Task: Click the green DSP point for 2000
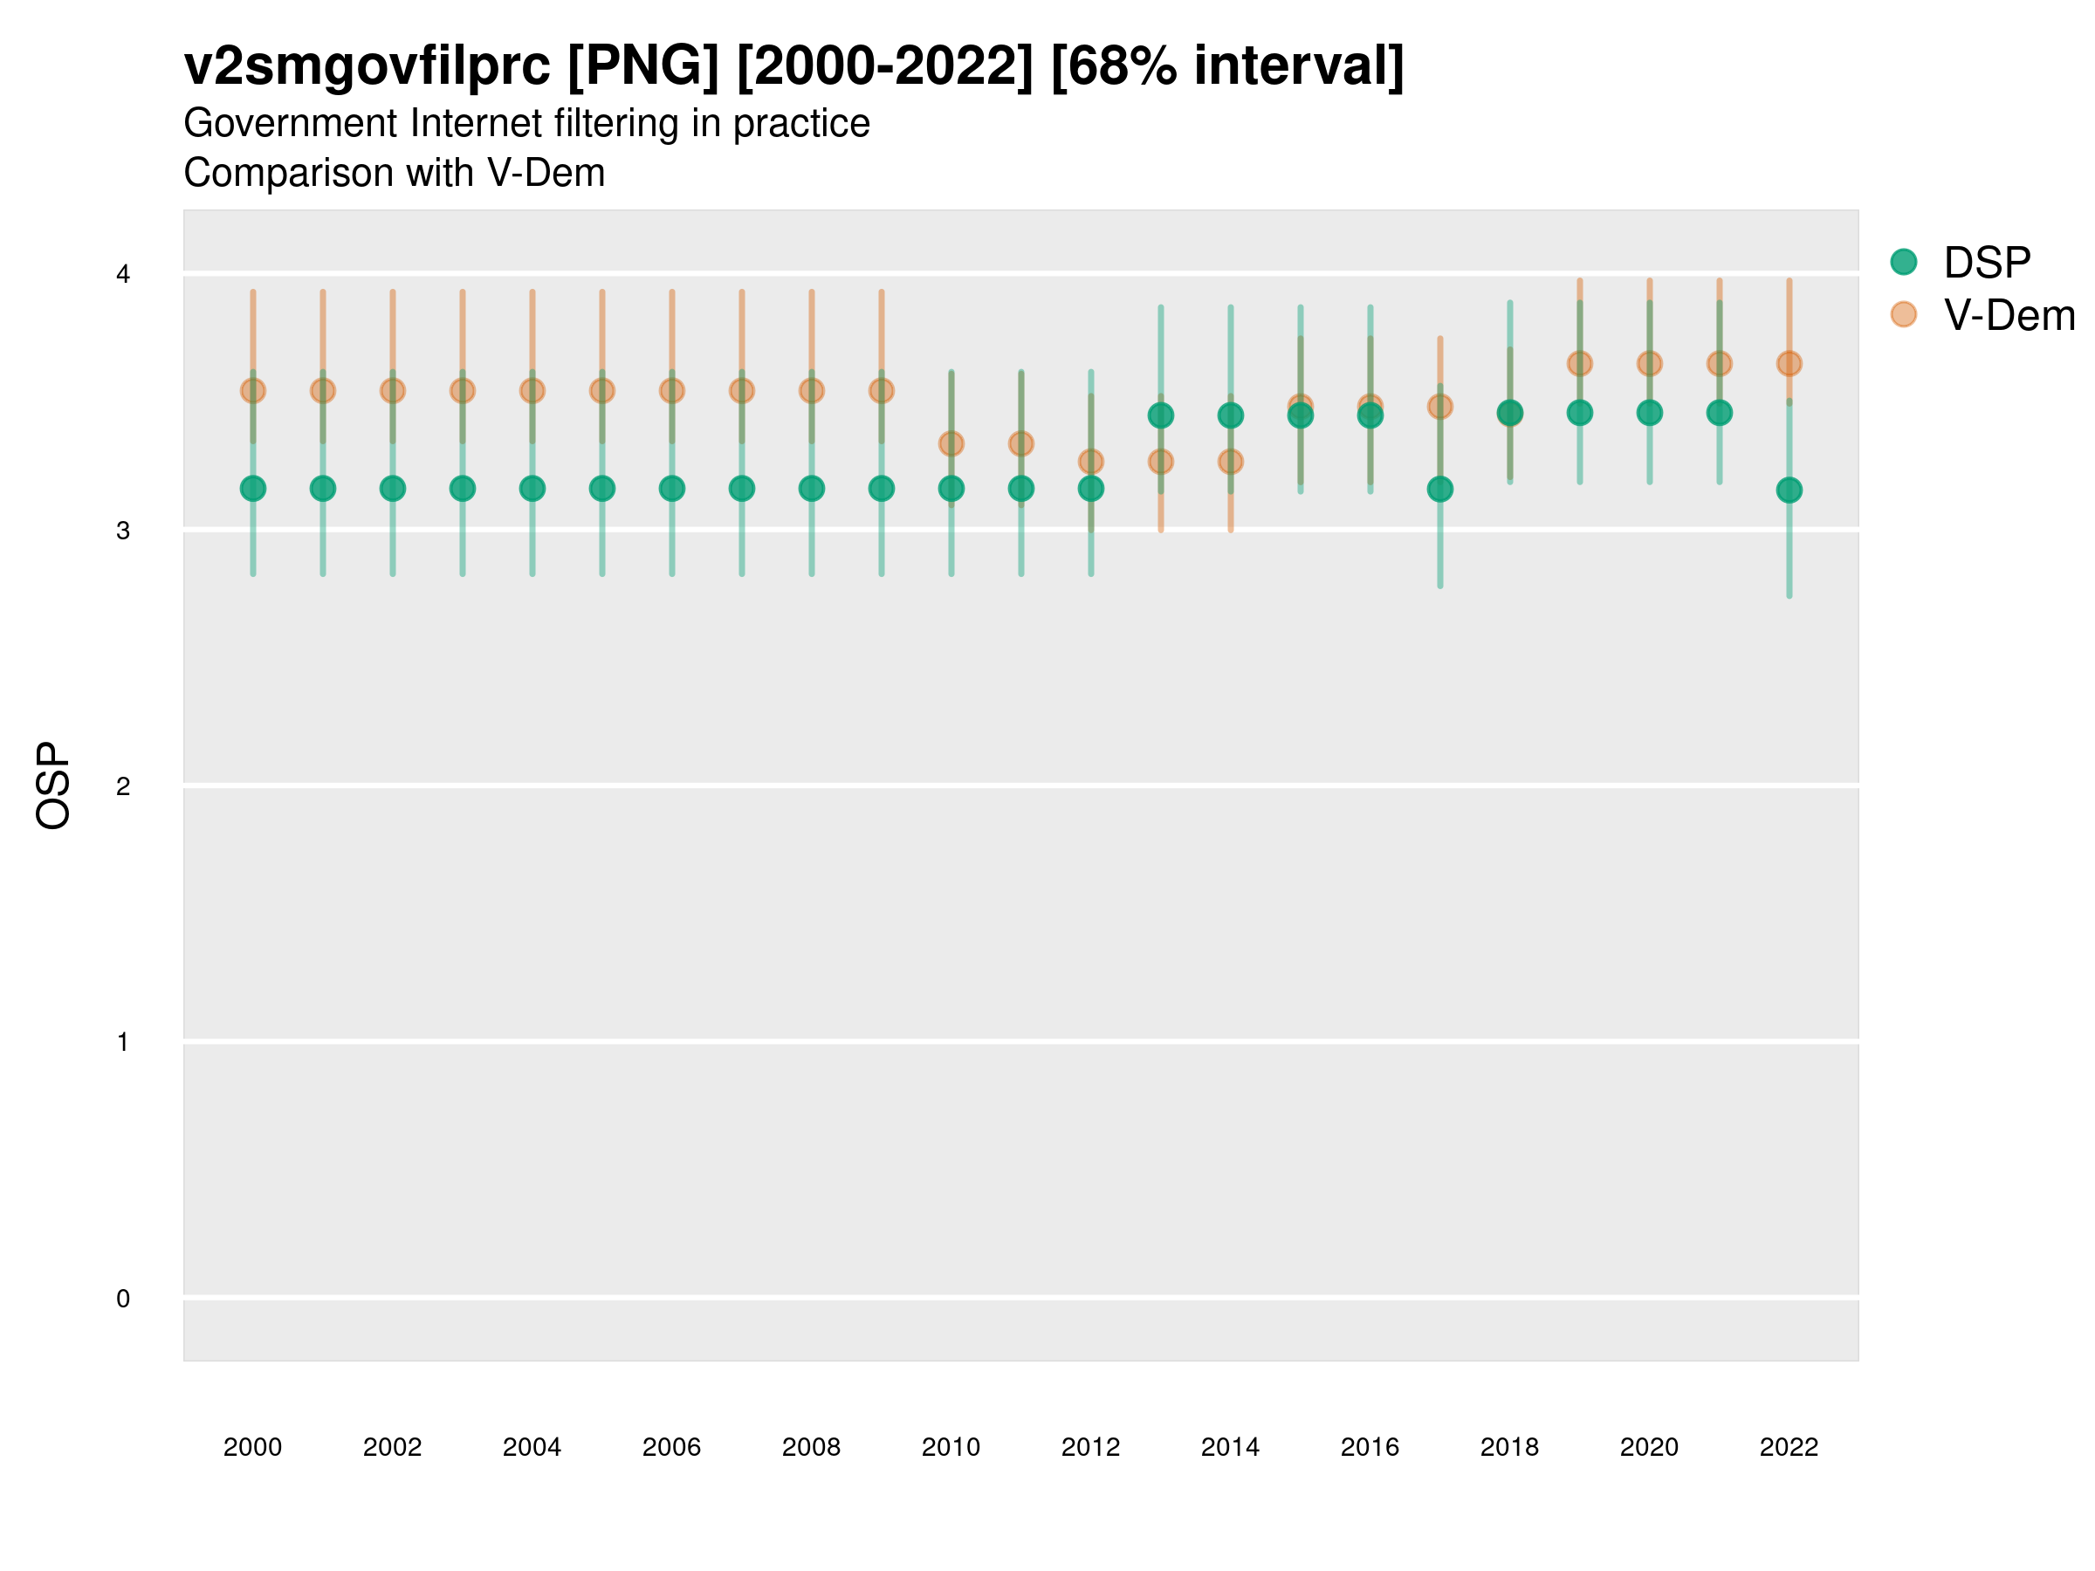253,489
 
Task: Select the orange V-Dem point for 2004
532,390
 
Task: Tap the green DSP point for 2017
1439,490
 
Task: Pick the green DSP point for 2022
1789,491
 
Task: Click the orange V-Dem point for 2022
1789,364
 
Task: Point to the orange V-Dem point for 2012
1091,462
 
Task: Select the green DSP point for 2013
1160,415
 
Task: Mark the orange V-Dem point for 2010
951,443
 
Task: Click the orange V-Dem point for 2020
1650,364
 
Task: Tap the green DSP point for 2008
812,489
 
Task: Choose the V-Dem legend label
2009,315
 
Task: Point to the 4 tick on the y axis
123,275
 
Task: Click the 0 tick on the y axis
123,1300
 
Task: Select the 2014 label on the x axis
1230,1447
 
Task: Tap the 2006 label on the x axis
671,1447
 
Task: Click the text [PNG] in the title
643,66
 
